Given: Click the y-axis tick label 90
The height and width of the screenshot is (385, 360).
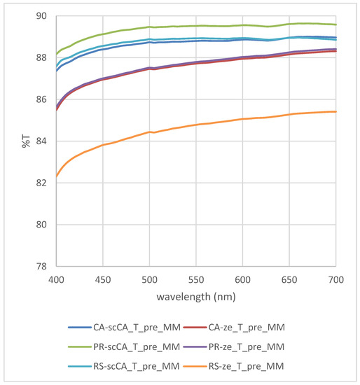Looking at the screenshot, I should [41, 16].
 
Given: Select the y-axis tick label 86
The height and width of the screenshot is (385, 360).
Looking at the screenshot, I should [41, 99].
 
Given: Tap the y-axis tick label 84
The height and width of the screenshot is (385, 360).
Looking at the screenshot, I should [41, 141].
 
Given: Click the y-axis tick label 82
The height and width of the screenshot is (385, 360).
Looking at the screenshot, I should [41, 183].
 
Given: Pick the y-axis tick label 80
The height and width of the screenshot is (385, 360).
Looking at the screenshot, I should [41, 225].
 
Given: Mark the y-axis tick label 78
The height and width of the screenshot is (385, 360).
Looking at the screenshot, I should [41, 267].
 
